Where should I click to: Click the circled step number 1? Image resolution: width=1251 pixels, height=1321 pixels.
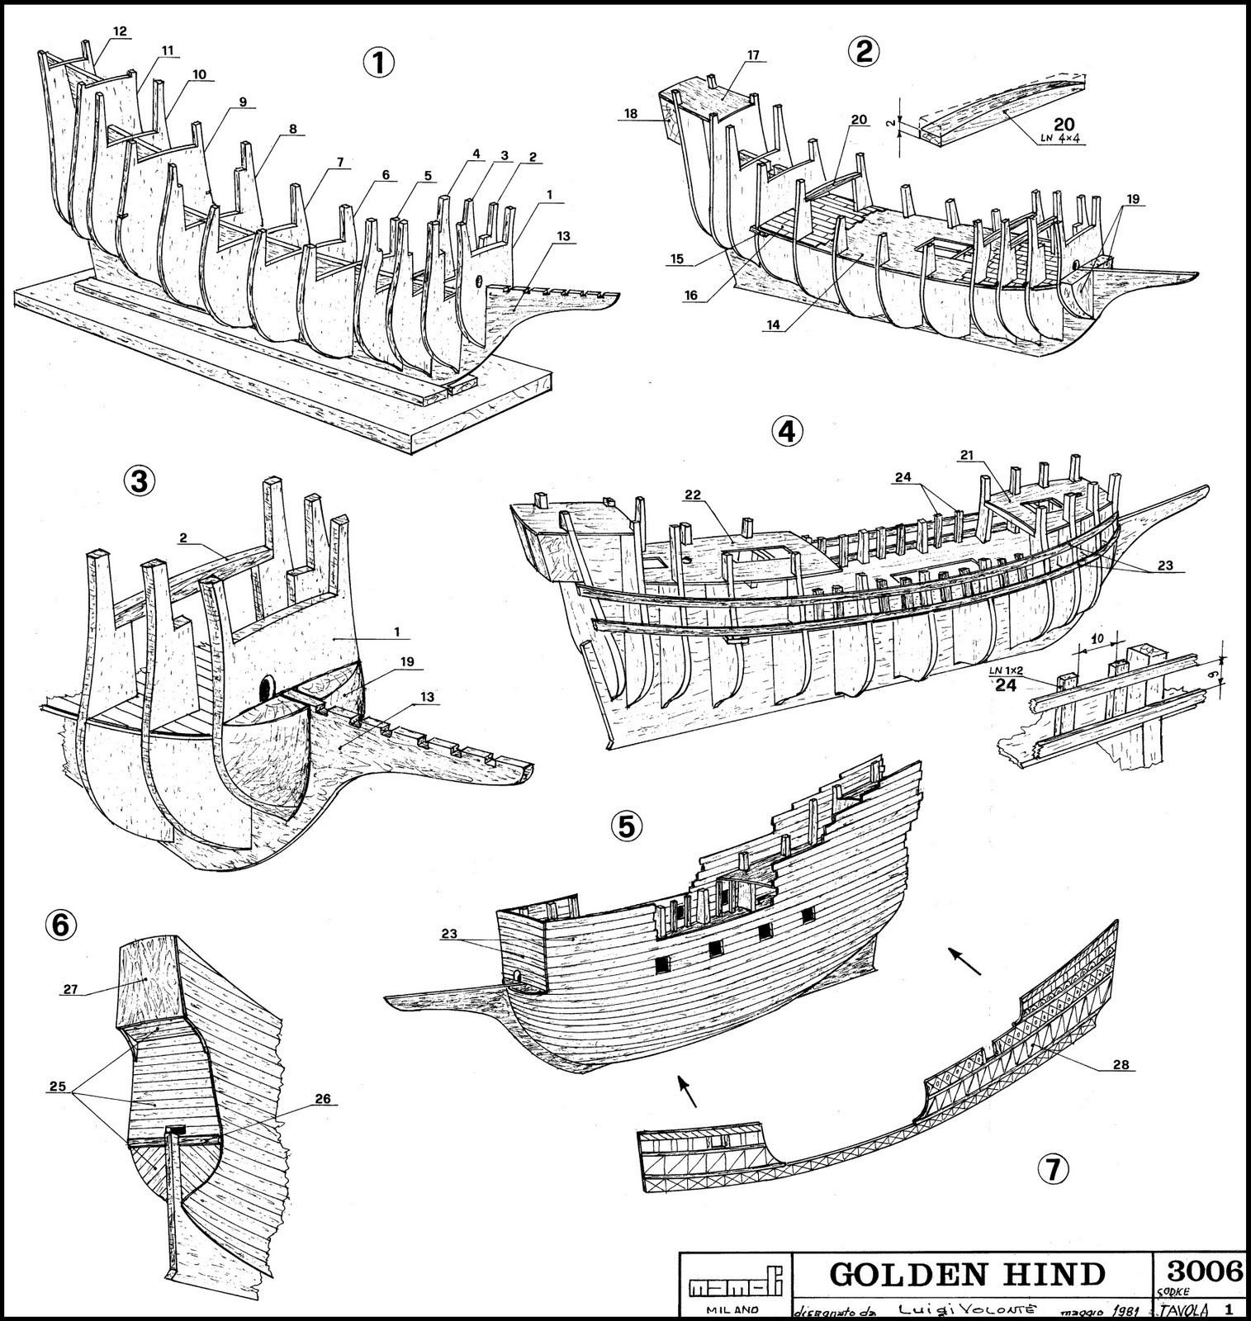pos(378,63)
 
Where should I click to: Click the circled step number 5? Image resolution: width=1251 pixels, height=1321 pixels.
pos(625,826)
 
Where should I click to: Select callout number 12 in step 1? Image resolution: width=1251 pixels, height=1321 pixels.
pos(120,31)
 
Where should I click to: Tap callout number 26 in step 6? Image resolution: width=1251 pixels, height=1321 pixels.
pos(322,1098)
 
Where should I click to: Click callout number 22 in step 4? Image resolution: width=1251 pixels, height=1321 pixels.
pos(692,494)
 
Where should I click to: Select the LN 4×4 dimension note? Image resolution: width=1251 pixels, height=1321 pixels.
pos(1060,140)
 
